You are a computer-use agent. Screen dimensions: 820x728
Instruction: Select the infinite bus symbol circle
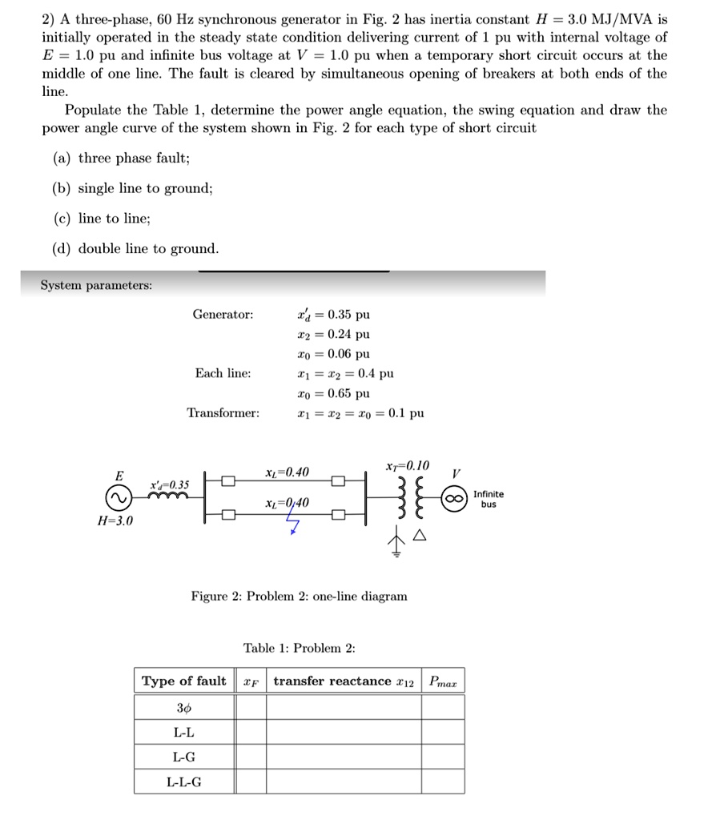pos(454,499)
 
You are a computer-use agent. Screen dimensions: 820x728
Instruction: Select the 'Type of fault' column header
pos(184,681)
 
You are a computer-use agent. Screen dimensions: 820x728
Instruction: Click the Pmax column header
pos(442,681)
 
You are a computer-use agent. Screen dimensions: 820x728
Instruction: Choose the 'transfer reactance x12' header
pos(344,681)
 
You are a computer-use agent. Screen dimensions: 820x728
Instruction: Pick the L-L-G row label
pos(184,782)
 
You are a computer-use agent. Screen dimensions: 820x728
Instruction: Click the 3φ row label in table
pos(184,707)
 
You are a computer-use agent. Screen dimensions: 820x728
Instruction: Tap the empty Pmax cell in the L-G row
pos(442,757)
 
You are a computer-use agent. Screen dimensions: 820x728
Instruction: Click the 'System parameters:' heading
pos(96,285)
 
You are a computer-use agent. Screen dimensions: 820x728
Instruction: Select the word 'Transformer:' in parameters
pos(223,413)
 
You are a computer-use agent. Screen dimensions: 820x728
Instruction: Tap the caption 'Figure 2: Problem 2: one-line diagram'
pos(299,597)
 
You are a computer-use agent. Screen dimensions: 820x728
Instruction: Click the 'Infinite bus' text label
pos(489,499)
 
